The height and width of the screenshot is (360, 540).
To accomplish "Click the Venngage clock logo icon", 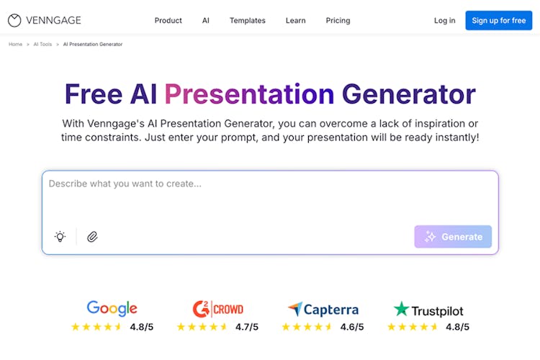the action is click(14, 20).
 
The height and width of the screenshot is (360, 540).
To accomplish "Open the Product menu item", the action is click(168, 21).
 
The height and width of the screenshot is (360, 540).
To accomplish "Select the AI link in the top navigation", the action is click(206, 21).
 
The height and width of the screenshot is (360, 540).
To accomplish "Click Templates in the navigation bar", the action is click(247, 21).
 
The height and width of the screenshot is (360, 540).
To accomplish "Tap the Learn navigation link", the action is click(295, 21).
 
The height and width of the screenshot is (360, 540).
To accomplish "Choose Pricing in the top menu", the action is click(338, 21).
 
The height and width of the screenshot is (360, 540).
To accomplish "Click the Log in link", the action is click(444, 21).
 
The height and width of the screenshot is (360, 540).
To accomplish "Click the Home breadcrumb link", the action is click(16, 44).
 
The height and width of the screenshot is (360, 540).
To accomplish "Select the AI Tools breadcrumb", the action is click(42, 44).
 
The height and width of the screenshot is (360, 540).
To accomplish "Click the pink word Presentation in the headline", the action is click(249, 94).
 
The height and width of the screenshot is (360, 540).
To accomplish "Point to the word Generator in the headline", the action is click(409, 94).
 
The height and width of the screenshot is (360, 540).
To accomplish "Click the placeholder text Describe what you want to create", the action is click(125, 184).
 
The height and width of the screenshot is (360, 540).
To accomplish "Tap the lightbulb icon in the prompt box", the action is click(60, 236).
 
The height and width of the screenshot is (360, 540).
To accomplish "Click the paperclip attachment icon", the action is click(92, 237).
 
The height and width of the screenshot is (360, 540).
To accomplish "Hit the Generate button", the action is click(453, 237).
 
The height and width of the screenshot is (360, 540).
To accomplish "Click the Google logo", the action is click(112, 308).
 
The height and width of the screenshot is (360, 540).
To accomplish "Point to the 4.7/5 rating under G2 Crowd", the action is click(246, 327).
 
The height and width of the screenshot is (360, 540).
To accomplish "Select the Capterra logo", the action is click(323, 309).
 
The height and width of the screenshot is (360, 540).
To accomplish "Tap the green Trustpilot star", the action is click(401, 309).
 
